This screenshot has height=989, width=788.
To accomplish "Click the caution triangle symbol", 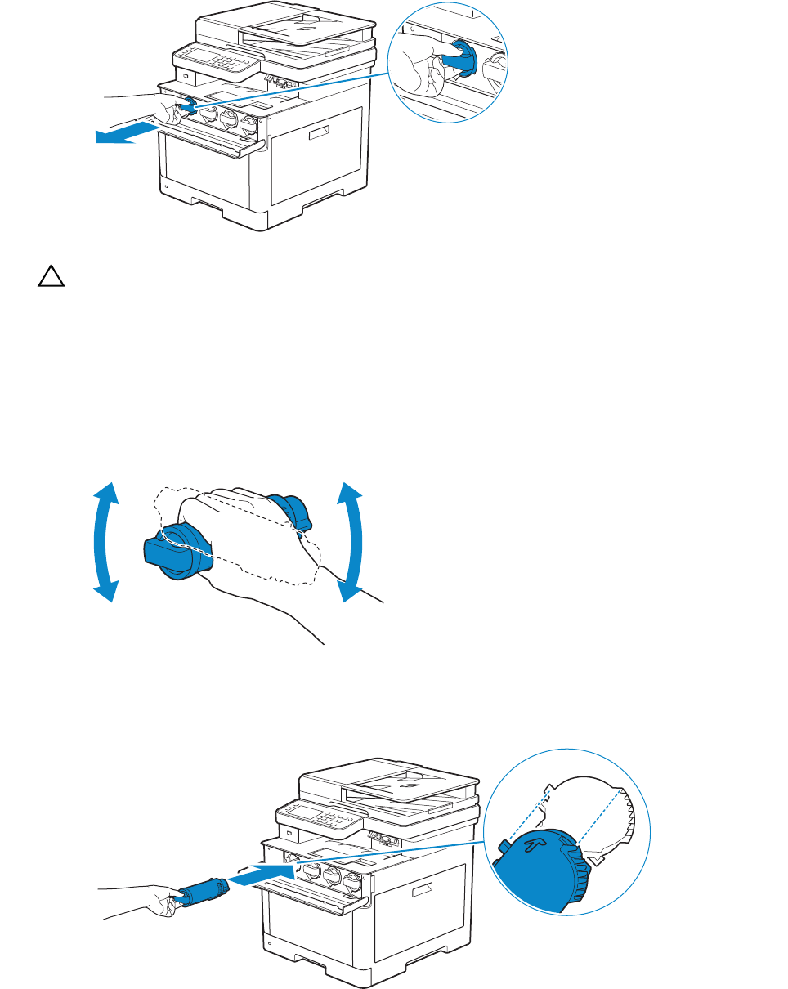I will [x=50, y=277].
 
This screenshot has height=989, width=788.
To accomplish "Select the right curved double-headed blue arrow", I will [x=351, y=542].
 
